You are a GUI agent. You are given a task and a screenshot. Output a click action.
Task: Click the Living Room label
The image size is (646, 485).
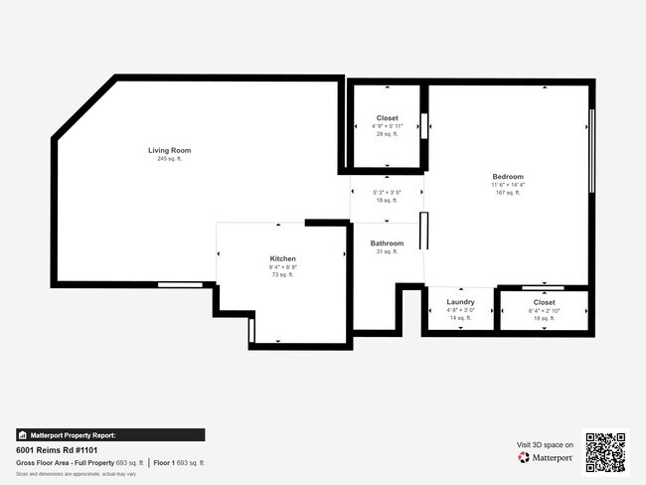pos(169,150)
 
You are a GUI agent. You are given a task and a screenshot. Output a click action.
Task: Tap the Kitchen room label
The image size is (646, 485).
pos(283,257)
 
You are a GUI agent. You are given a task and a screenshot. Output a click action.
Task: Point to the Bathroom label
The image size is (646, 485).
pos(387,243)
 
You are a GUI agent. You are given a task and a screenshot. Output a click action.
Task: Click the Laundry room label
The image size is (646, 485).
pos(460,301)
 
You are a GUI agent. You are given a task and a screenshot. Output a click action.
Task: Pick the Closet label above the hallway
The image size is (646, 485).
pos(387,118)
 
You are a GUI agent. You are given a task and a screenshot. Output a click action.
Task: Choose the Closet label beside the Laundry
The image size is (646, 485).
pos(544,301)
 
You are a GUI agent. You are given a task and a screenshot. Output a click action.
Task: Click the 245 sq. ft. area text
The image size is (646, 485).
pos(169,159)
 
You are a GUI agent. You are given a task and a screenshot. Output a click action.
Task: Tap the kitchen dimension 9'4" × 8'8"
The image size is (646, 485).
pos(283,266)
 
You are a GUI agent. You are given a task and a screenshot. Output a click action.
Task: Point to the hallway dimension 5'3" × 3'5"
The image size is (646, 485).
pos(387,192)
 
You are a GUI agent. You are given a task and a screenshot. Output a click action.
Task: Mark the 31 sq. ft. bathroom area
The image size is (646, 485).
pos(387,252)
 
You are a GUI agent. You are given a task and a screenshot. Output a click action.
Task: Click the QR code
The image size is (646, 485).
pos(605,452)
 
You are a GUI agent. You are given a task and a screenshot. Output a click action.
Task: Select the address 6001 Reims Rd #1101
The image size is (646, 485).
pos(57,449)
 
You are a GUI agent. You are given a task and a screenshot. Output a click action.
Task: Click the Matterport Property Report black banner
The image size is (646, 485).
pos(110,434)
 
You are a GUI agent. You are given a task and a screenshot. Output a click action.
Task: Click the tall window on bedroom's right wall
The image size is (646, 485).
pos(592,150)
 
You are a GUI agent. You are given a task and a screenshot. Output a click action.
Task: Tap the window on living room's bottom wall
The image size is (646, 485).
pos(180,285)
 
